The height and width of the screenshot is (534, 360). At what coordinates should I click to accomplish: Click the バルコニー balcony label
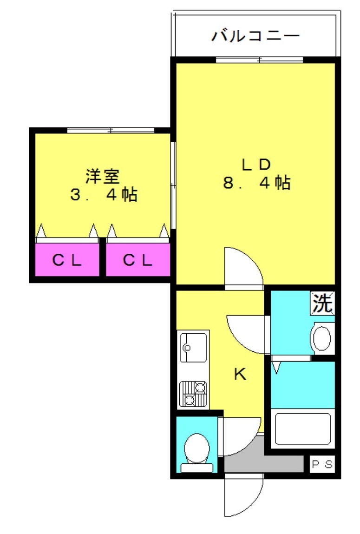tap(255, 36)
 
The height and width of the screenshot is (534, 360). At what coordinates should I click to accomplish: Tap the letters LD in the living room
tap(255, 164)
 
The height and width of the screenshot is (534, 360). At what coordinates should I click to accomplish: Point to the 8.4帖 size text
tap(257, 183)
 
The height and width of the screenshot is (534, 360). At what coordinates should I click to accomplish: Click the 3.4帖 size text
tap(104, 195)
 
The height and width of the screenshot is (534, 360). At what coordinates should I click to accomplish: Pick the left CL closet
tap(67, 260)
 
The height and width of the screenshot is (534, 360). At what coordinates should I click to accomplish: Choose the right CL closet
tap(138, 260)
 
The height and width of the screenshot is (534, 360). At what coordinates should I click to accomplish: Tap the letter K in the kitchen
tap(240, 374)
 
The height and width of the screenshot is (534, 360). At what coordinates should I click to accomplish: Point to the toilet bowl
tap(197, 449)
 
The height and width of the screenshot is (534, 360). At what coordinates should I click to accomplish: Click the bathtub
tap(302, 429)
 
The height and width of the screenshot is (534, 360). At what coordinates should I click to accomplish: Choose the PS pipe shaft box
tap(322, 464)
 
